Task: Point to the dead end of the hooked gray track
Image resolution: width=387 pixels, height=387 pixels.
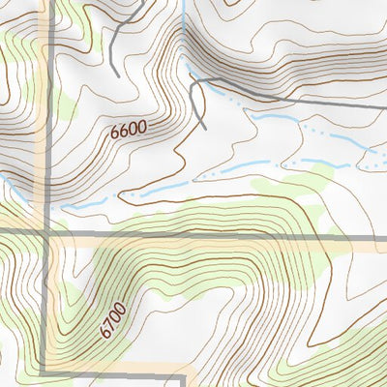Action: [x=206, y=127]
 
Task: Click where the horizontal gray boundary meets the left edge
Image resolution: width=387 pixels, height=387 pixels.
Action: [x=1, y=232]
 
